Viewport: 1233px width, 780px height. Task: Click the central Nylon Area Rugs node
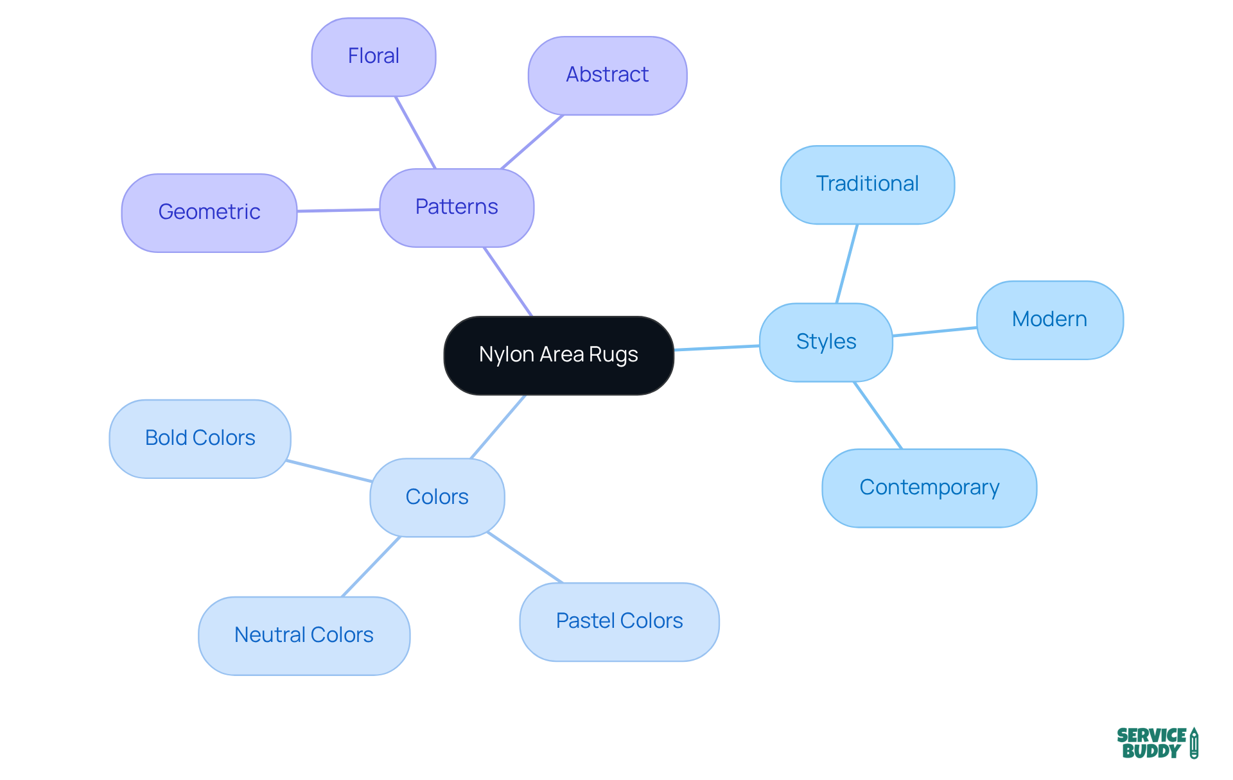(x=558, y=355)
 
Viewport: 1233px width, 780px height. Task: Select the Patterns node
(x=457, y=207)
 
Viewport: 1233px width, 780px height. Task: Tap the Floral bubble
(x=374, y=56)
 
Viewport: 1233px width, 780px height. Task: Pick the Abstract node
(x=608, y=75)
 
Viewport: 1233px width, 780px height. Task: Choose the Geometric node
(x=209, y=212)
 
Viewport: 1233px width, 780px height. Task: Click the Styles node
(x=826, y=342)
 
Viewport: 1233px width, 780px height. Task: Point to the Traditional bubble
(x=867, y=184)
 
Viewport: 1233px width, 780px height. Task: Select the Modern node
(x=1049, y=320)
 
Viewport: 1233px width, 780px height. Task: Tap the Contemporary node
(x=929, y=488)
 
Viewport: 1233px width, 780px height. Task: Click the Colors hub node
(x=437, y=498)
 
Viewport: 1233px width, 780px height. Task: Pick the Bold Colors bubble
(x=200, y=438)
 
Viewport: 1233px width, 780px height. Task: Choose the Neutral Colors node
(x=304, y=636)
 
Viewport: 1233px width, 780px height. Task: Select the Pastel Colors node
(x=619, y=621)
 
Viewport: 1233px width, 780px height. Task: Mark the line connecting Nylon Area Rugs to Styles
(x=717, y=348)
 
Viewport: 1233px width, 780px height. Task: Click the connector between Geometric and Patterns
(x=338, y=210)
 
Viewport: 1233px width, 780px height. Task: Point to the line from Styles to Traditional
(x=847, y=263)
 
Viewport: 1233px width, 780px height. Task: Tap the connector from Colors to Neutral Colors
(x=371, y=567)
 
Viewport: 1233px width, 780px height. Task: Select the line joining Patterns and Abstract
(x=532, y=142)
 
